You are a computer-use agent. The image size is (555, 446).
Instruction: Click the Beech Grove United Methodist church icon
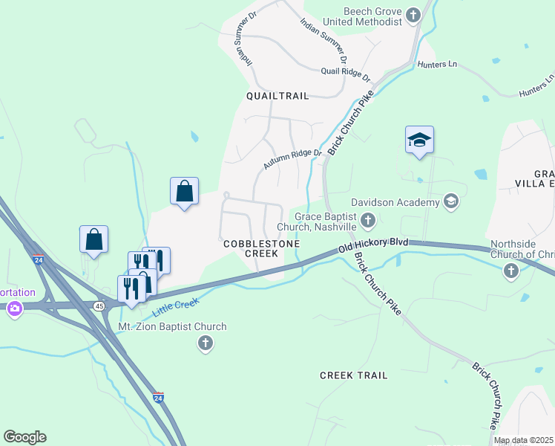pos(414,15)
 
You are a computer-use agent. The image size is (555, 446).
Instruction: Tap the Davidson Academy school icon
pos(450,201)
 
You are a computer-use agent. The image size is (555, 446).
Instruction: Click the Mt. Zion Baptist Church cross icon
pos(206,343)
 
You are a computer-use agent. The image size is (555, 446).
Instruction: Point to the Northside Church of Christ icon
pos(510,272)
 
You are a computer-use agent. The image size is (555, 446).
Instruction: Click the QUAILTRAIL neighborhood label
pos(277,96)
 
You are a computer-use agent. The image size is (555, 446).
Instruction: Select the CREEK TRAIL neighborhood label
pos(353,375)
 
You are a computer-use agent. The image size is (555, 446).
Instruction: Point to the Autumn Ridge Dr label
pos(292,158)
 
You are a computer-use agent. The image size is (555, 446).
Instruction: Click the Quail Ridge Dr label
pos(345,73)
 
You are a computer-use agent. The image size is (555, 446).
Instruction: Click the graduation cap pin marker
pos(419,140)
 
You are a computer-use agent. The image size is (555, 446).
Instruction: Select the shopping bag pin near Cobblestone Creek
pos(184,191)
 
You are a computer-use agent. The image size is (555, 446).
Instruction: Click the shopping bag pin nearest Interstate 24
pos(93,239)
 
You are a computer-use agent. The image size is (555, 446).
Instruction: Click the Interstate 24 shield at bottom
pos(158,398)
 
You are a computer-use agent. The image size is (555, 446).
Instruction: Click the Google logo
pos(24,437)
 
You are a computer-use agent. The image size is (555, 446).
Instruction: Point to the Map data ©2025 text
pos(523,440)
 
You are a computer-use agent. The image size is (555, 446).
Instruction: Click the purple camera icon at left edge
pos(13,308)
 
